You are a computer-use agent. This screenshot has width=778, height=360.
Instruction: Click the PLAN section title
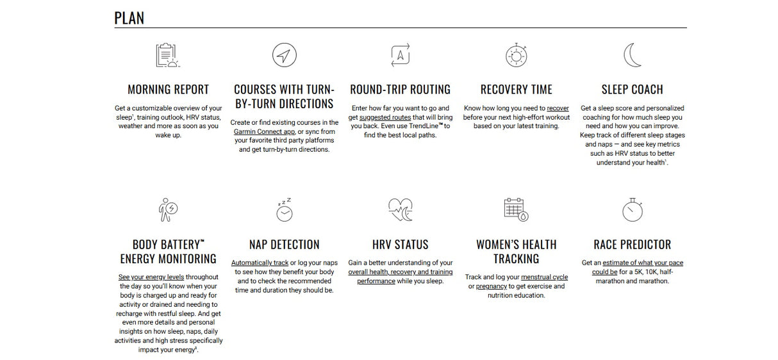point(129,18)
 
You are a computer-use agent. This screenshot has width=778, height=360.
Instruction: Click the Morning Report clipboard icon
point(167,55)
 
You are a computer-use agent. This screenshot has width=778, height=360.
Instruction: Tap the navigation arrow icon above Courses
point(284,55)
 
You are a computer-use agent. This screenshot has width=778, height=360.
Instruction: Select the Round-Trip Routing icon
point(400,55)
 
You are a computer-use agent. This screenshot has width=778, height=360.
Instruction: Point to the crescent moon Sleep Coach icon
point(633,55)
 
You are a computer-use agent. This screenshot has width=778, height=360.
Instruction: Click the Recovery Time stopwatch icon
point(516,55)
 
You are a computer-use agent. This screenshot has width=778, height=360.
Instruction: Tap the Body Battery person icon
point(167,209)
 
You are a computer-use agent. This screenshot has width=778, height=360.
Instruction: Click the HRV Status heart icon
point(400,209)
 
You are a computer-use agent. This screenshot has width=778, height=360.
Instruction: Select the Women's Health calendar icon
point(515,209)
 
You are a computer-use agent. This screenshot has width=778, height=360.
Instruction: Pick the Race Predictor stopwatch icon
point(632,209)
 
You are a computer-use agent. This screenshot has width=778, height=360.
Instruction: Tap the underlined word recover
point(558,108)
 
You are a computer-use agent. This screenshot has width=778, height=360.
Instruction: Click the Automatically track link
point(260,263)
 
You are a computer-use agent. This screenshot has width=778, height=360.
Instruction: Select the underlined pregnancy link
point(491,286)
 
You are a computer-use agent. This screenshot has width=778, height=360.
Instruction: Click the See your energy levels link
point(147,277)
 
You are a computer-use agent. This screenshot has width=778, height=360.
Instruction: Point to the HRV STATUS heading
point(400,245)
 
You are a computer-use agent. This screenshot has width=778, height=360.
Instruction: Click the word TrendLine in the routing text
point(423,126)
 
